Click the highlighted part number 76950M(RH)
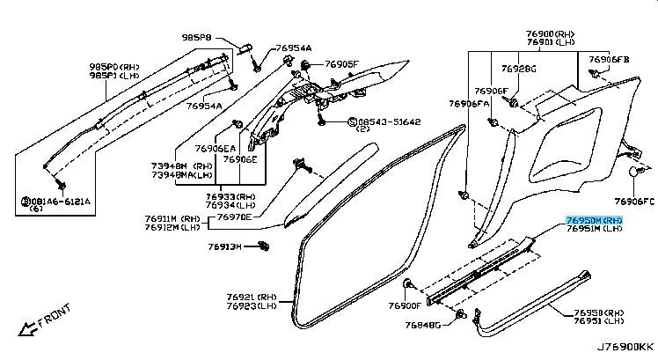(x=595, y=220)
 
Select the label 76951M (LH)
(x=595, y=230)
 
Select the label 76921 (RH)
(x=252, y=298)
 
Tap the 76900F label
(x=405, y=306)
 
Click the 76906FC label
(x=634, y=201)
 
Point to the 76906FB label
(x=609, y=59)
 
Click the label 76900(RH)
(x=552, y=33)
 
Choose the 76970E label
(x=234, y=217)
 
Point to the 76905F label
(x=340, y=64)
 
